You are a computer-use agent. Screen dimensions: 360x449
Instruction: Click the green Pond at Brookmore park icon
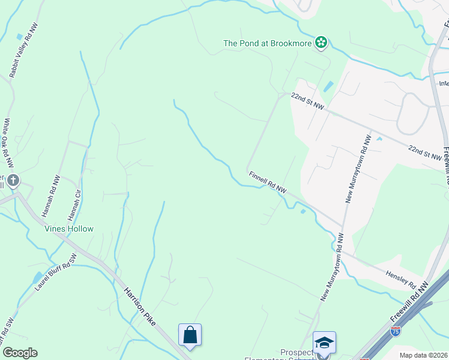click(x=322, y=43)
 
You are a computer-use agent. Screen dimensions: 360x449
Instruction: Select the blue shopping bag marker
click(x=190, y=335)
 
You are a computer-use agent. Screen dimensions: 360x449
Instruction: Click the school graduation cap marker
click(x=324, y=343)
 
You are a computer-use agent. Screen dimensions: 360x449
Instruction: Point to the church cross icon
click(x=13, y=181)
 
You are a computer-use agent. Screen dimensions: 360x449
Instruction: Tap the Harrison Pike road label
click(x=139, y=307)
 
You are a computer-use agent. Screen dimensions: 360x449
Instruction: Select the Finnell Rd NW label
click(x=267, y=182)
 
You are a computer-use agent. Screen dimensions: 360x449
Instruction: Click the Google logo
click(x=20, y=353)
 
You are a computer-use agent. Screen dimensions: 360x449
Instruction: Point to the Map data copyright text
click(x=424, y=355)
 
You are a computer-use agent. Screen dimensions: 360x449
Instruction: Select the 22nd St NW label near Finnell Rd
click(x=307, y=101)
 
